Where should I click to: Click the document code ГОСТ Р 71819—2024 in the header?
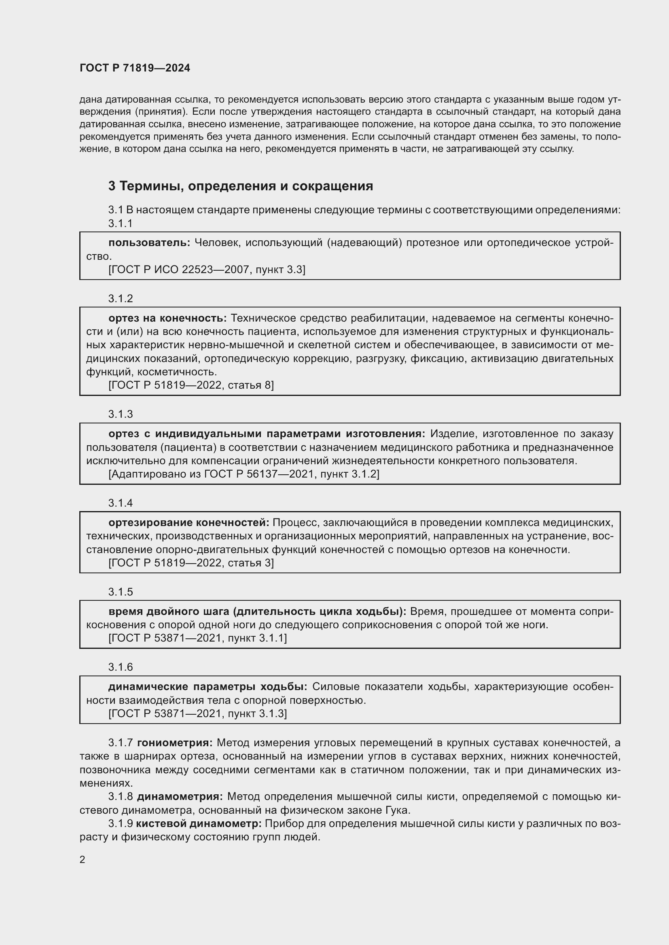(x=135, y=68)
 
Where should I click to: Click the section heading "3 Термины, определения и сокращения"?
(x=241, y=186)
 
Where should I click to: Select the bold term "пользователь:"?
(x=149, y=243)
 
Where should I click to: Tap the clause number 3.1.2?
(x=120, y=299)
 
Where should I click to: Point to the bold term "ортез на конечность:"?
(x=167, y=318)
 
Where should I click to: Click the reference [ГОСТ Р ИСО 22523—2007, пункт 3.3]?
(x=207, y=269)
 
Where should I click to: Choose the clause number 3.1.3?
(x=120, y=414)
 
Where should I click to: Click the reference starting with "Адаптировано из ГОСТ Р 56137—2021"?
(x=243, y=474)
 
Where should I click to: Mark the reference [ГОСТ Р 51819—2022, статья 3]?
(x=191, y=563)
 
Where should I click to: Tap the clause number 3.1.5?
(x=120, y=592)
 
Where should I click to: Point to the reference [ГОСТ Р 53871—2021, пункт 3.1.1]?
(x=197, y=638)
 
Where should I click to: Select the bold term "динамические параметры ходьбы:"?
(x=207, y=686)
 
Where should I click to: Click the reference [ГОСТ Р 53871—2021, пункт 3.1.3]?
(x=197, y=713)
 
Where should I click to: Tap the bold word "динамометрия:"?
(x=180, y=796)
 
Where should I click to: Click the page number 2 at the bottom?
(x=83, y=860)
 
